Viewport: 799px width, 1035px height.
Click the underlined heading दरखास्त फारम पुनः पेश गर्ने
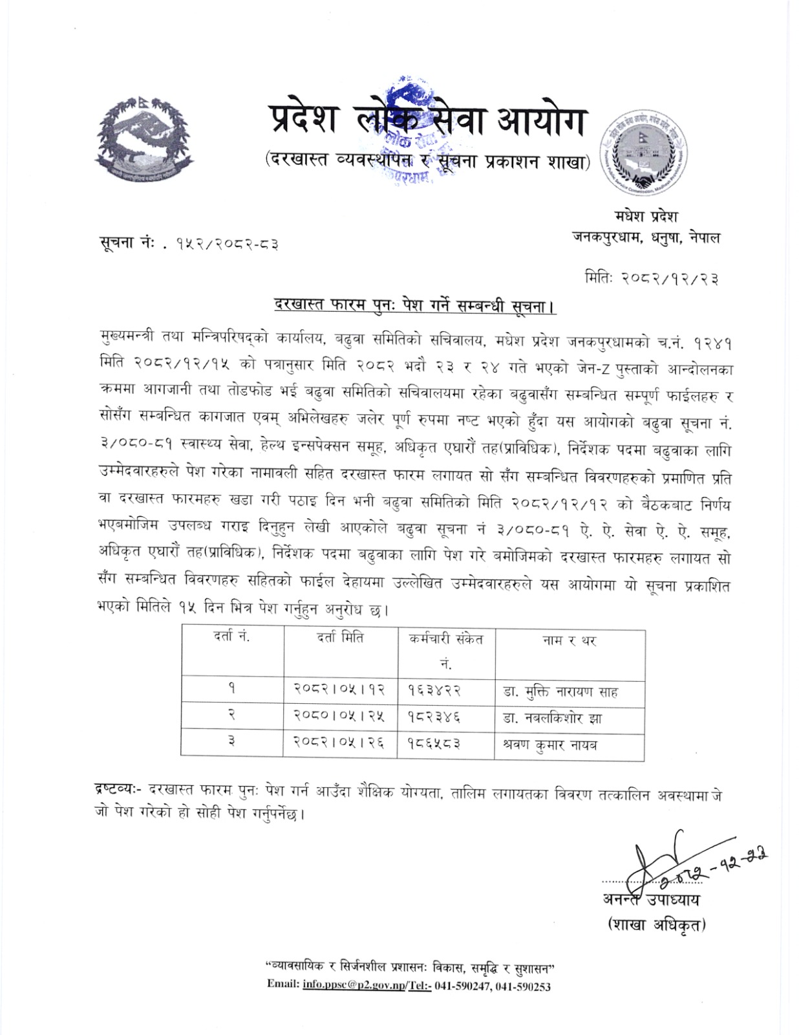tap(414, 304)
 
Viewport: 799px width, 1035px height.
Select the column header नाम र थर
tap(568, 640)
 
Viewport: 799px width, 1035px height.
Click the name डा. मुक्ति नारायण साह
tap(560, 692)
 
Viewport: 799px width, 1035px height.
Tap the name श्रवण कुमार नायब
tap(549, 745)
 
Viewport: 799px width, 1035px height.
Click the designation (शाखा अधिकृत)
tap(656, 924)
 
